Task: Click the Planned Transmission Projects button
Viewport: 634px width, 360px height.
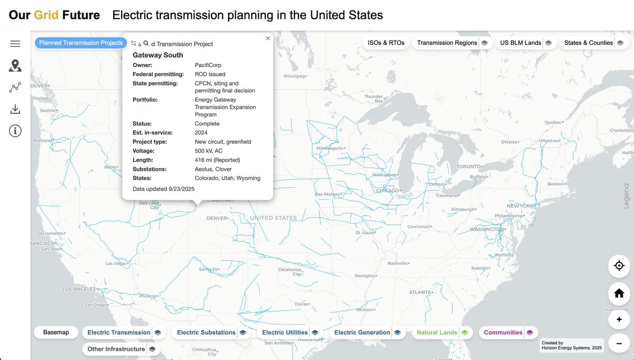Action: coord(80,43)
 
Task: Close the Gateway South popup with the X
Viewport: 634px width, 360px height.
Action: coord(268,38)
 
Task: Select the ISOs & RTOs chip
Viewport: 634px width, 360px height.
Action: coord(386,43)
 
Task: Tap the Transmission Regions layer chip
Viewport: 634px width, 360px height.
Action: coord(447,43)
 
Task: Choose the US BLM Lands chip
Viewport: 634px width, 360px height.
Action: coord(520,43)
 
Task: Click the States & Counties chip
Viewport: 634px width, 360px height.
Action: coord(588,43)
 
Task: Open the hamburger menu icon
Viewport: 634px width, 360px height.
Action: coord(15,44)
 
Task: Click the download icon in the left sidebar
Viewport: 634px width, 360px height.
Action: coord(15,109)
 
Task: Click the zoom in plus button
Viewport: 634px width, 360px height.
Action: coord(619,319)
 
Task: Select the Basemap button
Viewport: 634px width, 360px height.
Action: coord(56,333)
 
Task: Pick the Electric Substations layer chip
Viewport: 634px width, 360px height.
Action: coord(206,333)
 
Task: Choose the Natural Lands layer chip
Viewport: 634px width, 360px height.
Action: coord(437,333)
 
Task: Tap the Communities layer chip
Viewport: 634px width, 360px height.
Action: coord(503,333)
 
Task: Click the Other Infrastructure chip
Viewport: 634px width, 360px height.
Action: coord(116,349)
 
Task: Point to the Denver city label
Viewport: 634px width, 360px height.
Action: coord(218,218)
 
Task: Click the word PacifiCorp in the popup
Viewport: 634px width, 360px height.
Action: coord(208,65)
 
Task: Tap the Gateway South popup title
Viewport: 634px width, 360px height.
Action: coord(158,55)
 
